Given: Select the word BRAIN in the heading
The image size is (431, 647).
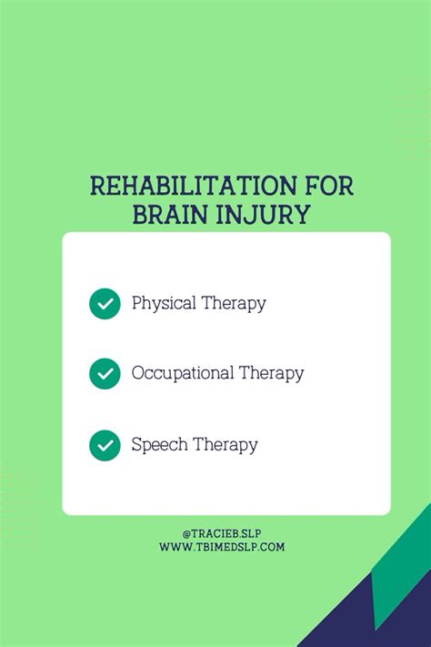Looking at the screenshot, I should coord(173,215).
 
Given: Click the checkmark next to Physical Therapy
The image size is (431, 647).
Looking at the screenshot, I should coord(105,303).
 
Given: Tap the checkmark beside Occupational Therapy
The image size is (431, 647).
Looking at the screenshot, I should coord(105,373).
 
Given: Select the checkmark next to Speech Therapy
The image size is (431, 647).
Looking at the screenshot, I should coord(105,445).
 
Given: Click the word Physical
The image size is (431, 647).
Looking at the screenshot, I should coord(163,303).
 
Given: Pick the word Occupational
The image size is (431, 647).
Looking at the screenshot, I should coord(182,373).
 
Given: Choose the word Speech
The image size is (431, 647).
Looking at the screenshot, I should coord(158,445).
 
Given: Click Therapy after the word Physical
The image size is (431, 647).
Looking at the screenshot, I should coord(234,303).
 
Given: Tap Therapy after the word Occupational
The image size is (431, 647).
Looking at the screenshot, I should coord(271,373).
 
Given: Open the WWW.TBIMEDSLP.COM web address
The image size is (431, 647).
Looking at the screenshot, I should coord(222,547).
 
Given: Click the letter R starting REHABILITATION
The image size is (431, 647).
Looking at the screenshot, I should coord(97,187).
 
